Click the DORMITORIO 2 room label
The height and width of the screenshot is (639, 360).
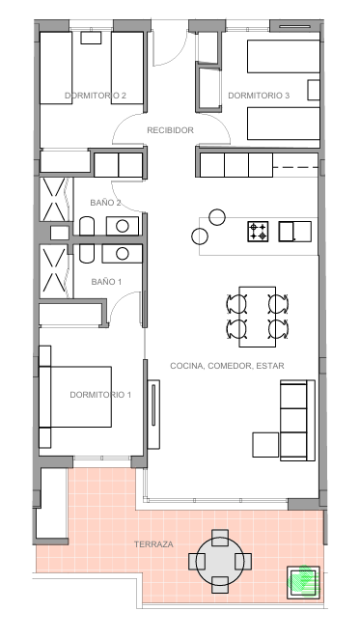point(96,96)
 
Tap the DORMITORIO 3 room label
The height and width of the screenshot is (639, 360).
point(259,96)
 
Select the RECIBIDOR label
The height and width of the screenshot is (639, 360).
point(170,130)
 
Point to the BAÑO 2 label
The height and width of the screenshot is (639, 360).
point(105,203)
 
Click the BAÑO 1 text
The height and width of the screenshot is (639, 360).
point(106,282)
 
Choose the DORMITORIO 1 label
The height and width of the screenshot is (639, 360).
point(100,395)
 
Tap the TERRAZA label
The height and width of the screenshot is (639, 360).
point(153,544)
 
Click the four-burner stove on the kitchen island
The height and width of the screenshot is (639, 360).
point(258,232)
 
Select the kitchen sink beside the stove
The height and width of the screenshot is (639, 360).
point(294,232)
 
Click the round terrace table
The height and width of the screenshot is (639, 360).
point(220,561)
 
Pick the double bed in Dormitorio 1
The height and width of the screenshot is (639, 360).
point(75,397)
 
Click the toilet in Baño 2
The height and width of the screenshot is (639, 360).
point(87,227)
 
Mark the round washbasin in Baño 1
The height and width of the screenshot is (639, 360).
point(123,254)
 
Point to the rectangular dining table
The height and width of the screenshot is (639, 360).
point(258,317)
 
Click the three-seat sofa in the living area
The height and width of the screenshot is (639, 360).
point(297,420)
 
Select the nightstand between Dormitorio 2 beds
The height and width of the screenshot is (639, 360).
point(92,38)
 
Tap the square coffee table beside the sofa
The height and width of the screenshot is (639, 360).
point(265,445)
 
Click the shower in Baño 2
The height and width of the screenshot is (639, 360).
point(55,200)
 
